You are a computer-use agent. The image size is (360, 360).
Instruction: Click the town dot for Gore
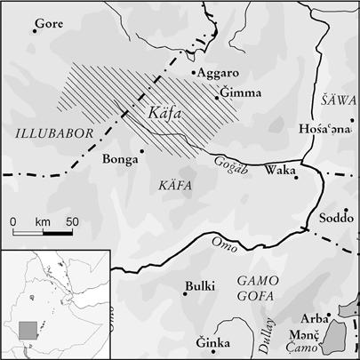34,31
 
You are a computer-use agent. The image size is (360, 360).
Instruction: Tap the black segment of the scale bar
59,233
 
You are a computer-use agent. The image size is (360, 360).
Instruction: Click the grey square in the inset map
29,329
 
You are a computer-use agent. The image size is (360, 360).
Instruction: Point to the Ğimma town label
239,92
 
